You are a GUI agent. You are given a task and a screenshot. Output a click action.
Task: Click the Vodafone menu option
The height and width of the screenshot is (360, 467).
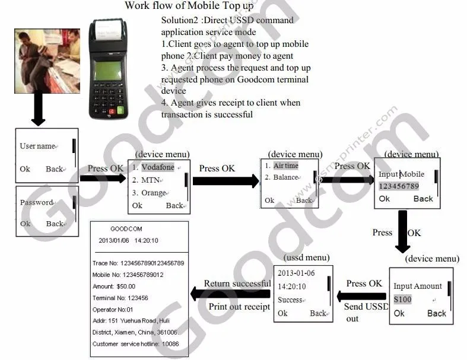[x=157, y=167]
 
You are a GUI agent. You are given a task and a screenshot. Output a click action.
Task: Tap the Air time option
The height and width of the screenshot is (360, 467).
[x=285, y=166]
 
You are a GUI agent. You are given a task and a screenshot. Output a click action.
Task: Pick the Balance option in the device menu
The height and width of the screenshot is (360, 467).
[x=285, y=177]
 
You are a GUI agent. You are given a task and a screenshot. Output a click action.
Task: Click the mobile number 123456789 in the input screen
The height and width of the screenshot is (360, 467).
[x=399, y=186]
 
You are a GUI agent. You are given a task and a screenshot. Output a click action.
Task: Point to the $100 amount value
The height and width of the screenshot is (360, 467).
[x=403, y=300]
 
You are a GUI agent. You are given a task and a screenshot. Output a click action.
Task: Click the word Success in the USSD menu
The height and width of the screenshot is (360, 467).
[x=290, y=300]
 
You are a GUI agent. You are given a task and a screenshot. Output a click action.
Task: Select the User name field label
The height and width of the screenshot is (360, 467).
[x=37, y=146]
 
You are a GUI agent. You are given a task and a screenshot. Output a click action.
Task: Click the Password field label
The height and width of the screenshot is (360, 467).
[x=37, y=202]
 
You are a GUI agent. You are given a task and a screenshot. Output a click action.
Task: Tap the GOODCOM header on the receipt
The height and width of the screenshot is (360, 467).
[x=127, y=229]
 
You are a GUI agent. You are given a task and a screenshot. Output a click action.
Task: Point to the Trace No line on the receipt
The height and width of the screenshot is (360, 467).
[x=138, y=263]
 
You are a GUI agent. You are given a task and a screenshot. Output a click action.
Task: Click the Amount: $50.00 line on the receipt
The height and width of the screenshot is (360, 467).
[x=114, y=286]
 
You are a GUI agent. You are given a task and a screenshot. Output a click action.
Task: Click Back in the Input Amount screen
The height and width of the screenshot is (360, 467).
[x=437, y=313]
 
